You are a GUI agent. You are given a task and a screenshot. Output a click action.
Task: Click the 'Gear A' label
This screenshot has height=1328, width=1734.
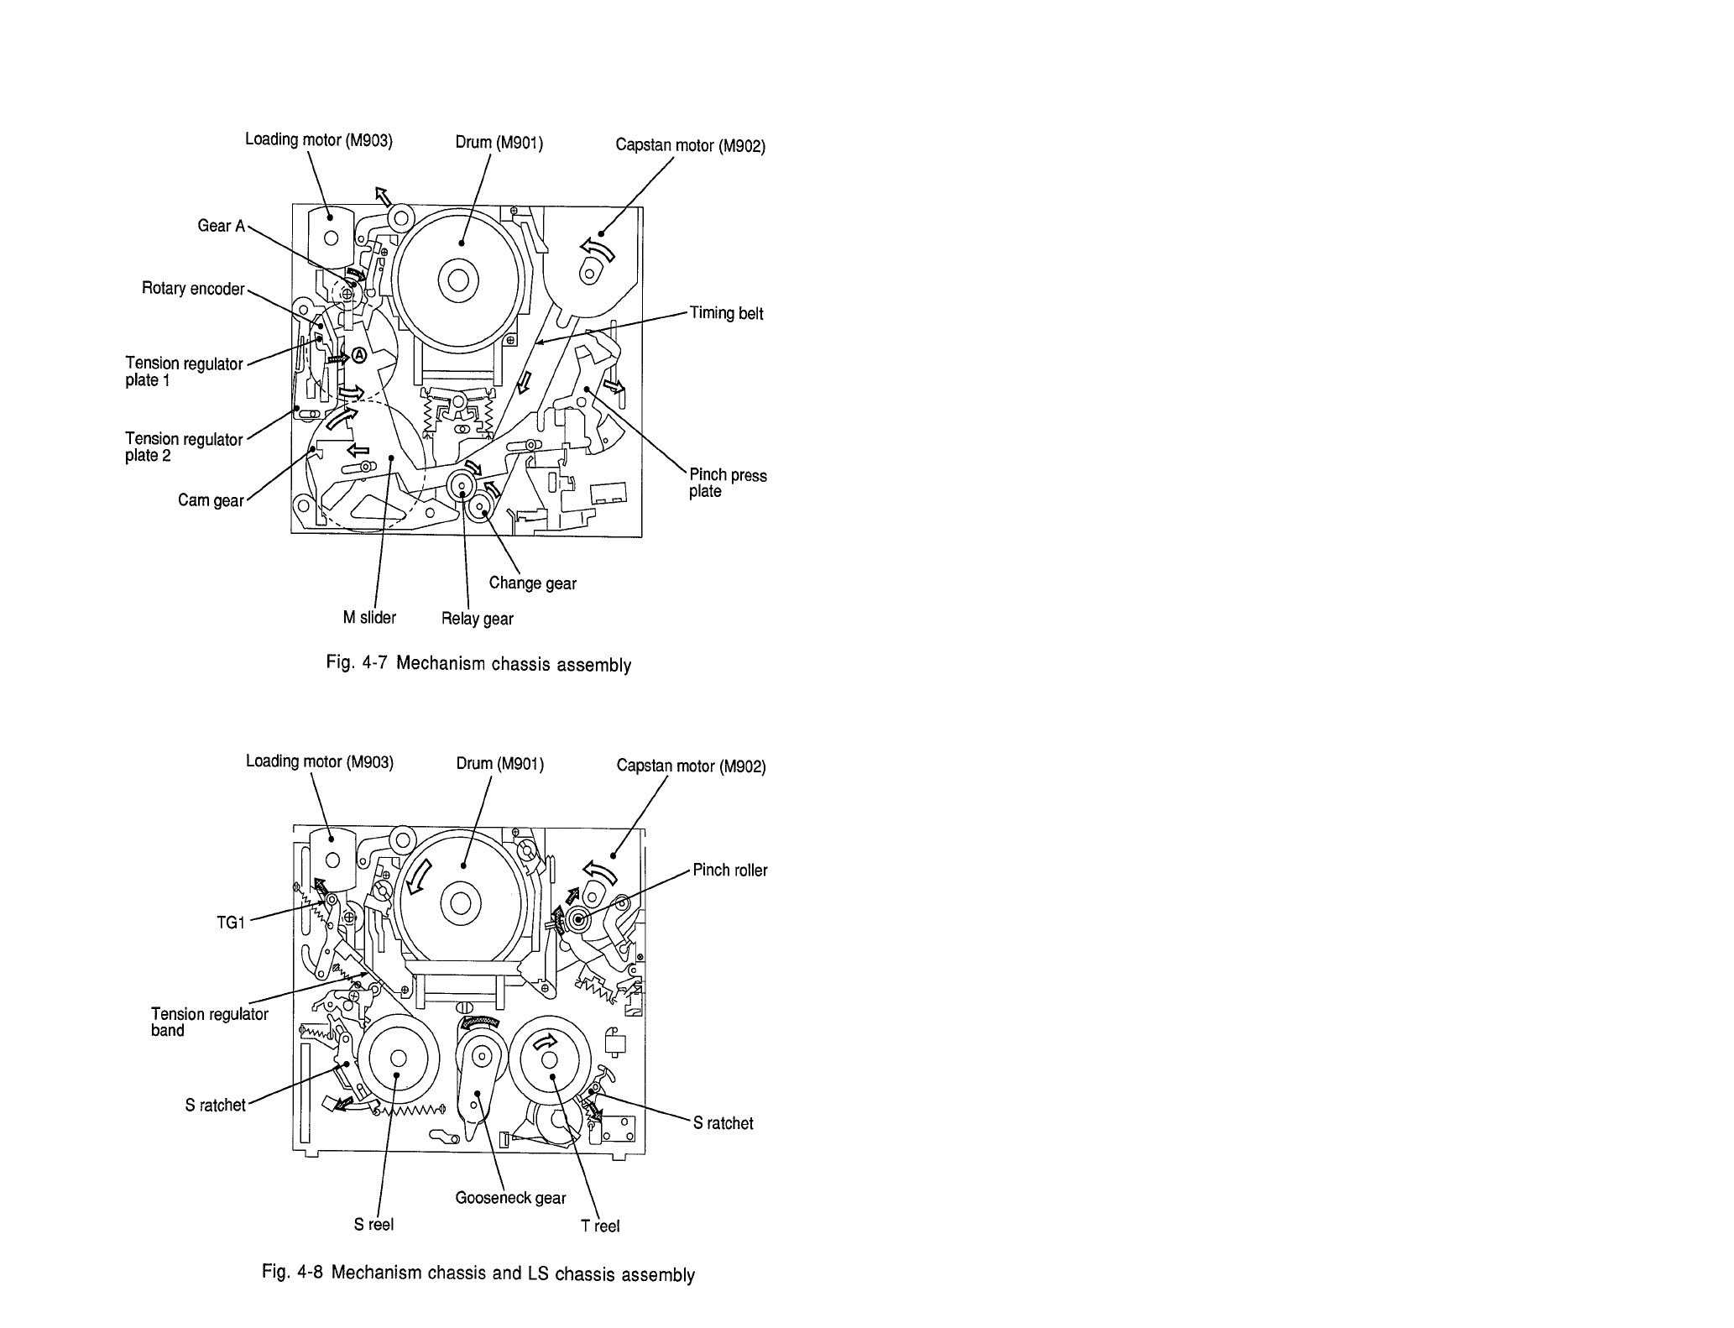point(221,226)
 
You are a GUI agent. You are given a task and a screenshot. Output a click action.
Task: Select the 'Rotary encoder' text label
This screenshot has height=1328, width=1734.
point(193,289)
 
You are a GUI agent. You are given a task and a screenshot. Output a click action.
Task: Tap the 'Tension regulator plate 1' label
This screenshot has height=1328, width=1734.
point(184,372)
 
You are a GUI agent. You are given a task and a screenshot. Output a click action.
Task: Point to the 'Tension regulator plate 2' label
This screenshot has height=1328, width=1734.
point(184,447)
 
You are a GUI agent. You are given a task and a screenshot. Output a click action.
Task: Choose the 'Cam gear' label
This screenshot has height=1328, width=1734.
point(211,501)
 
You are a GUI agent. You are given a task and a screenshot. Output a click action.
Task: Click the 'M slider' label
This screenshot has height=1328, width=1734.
point(369,618)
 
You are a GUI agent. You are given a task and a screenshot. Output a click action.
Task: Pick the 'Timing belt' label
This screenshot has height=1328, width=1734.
point(726,313)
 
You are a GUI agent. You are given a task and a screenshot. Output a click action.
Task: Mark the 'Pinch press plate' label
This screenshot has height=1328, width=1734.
point(727,484)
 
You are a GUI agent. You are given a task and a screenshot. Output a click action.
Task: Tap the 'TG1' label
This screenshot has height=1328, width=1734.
point(231,923)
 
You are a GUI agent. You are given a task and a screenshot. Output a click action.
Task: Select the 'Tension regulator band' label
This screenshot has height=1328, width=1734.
point(210,1022)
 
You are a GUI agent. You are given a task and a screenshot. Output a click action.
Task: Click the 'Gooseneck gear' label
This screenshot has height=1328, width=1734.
point(510,1198)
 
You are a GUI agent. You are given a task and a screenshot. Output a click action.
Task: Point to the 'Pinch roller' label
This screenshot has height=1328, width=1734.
point(730,871)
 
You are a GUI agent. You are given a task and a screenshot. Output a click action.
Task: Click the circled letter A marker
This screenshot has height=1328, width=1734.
point(359,356)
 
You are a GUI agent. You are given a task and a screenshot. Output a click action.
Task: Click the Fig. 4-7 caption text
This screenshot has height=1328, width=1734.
point(478,664)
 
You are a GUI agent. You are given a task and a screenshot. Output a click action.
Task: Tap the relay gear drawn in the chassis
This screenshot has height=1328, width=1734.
point(461,484)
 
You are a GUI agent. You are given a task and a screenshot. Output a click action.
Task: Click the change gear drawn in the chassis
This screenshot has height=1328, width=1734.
point(482,507)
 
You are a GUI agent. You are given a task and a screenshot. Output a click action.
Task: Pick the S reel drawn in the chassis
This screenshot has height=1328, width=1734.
point(398,1059)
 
